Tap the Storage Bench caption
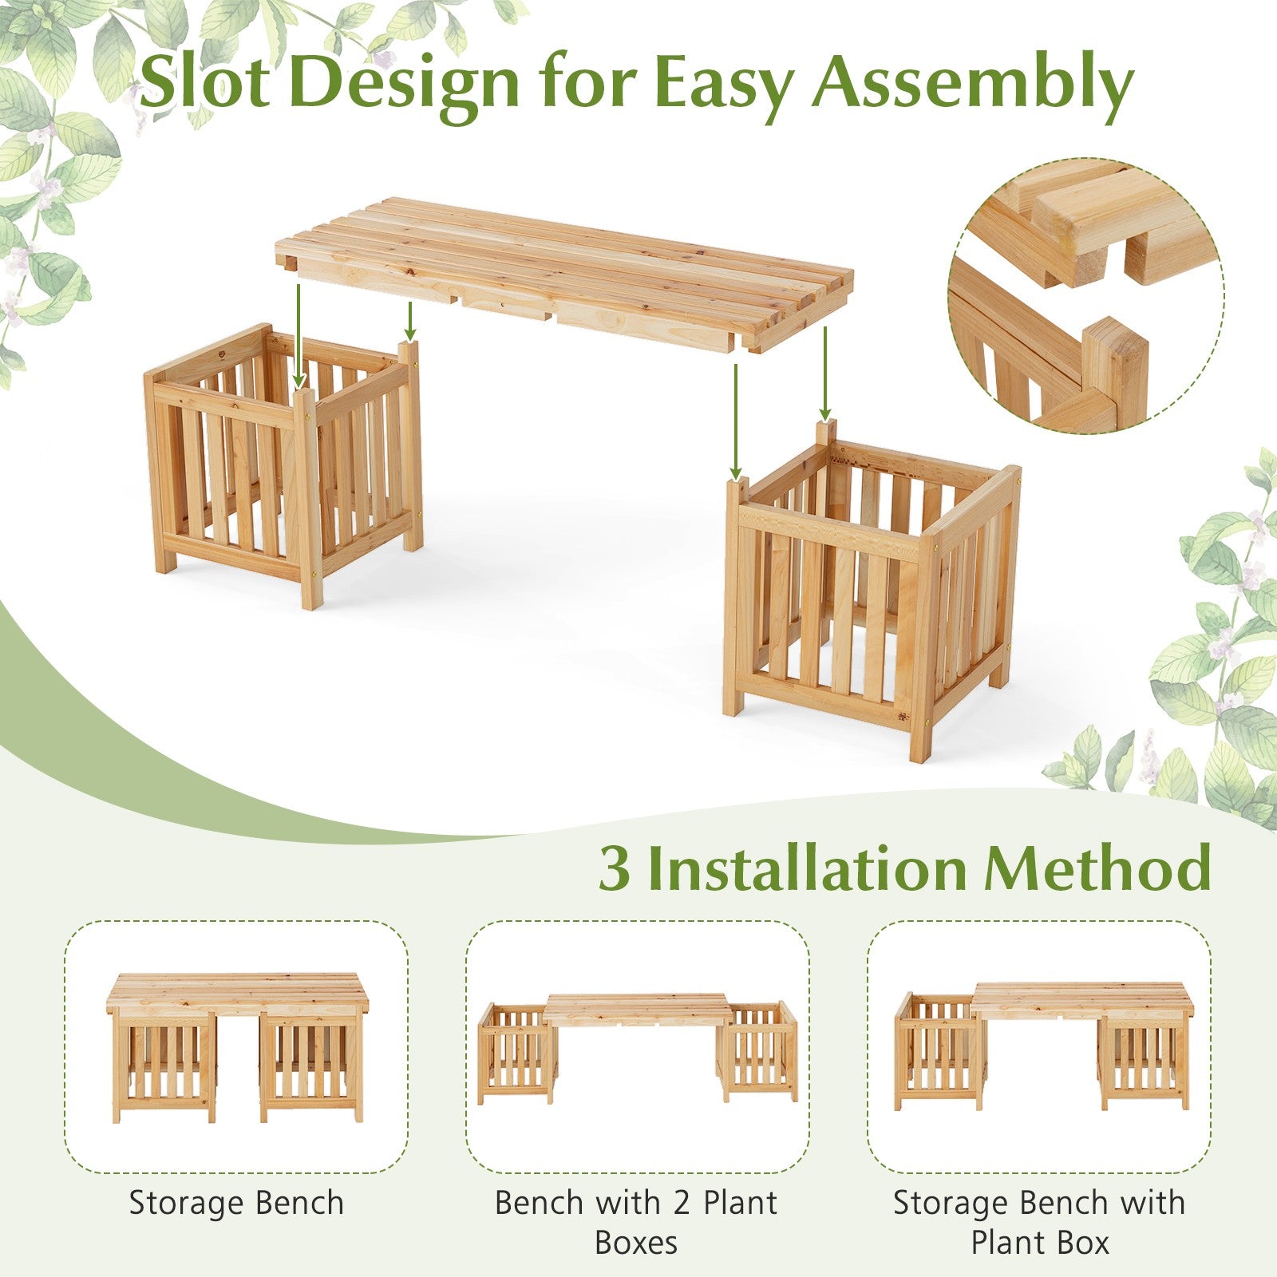point(236,1203)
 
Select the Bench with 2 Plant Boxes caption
point(636,1222)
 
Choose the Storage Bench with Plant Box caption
point(1039,1222)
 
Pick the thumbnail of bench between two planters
point(637,1049)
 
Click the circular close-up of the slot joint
point(1086,295)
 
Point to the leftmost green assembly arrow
point(298,334)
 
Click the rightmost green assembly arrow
point(824,373)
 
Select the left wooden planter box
point(283,466)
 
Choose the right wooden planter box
point(872,591)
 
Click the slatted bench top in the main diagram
point(563,273)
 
